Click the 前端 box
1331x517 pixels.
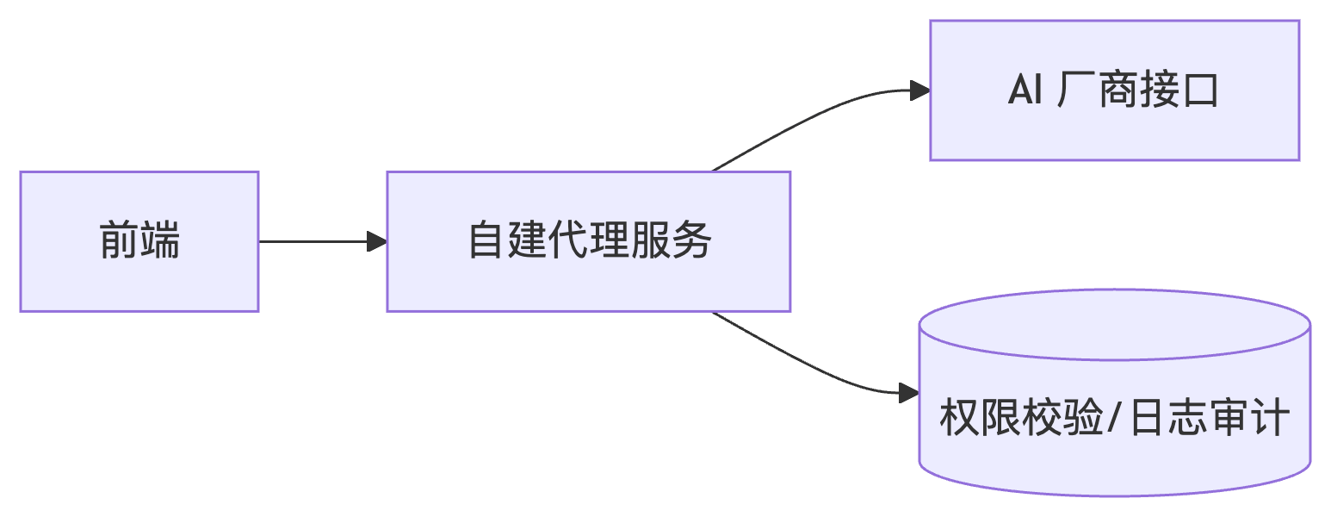pos(139,241)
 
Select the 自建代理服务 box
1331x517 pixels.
pos(588,241)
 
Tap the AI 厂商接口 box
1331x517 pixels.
pos(1114,90)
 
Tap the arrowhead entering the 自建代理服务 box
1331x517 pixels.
pos(377,241)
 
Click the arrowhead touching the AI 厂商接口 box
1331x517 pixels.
pos(919,90)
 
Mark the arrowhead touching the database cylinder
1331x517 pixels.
pos(909,393)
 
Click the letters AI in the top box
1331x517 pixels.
pos(1025,90)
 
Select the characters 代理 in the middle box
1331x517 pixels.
pos(590,241)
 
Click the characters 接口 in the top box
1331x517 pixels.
pos(1178,90)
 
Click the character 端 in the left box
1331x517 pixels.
pos(160,241)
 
